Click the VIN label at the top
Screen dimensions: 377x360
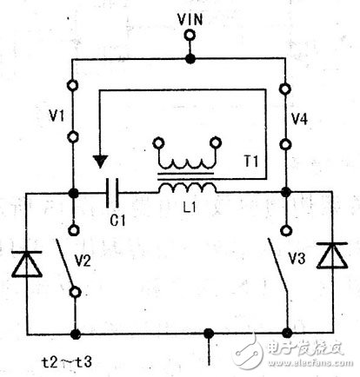[190, 17]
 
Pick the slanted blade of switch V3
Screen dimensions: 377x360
[277, 265]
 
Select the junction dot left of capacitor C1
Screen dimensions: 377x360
[76, 192]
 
